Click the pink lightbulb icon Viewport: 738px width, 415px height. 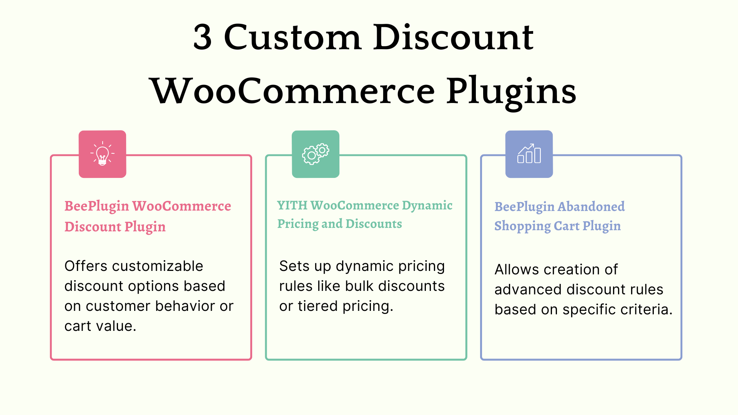point(102,154)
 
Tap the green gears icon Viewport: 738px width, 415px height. point(316,154)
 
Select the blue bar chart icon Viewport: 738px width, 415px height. point(529,154)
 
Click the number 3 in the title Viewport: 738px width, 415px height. point(203,37)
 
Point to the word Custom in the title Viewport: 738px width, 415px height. point(293,37)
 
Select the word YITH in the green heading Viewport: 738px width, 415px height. point(292,205)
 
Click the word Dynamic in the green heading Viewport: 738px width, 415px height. point(427,206)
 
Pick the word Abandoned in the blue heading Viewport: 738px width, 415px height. point(592,206)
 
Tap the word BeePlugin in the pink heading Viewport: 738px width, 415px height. point(96,207)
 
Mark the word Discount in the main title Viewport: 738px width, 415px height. point(454,37)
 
